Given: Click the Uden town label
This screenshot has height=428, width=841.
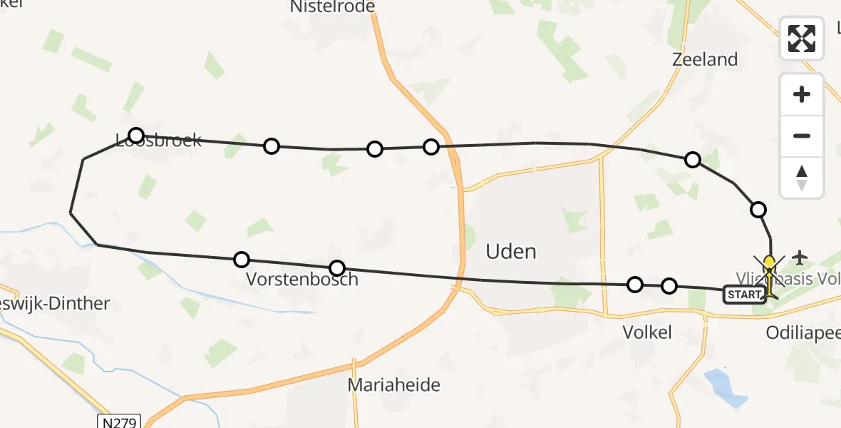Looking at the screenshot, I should point(510,251).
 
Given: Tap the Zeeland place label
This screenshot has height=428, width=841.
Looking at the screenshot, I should point(705,59).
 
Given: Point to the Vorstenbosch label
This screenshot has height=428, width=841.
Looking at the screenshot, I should point(301,279).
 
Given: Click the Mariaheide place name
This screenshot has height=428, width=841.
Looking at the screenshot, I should point(393,385).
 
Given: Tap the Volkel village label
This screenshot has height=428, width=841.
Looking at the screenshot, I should point(647,332).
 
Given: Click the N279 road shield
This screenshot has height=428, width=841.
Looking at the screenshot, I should point(120,422).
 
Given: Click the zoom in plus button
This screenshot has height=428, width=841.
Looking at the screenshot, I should point(802,94).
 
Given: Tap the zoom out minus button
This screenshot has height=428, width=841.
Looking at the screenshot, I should point(802,136).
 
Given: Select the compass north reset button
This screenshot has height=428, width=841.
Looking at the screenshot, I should point(802,178).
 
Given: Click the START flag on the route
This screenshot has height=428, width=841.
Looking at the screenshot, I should point(745,295).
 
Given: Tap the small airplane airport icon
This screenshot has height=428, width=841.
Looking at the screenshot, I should point(800,256).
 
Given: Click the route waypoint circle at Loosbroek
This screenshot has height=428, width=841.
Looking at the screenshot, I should point(136,135).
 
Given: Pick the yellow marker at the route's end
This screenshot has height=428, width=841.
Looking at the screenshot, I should point(769,263).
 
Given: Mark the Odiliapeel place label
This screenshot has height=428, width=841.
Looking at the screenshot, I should point(803,332).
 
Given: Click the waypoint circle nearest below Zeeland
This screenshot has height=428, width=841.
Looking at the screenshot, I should point(692,160).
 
